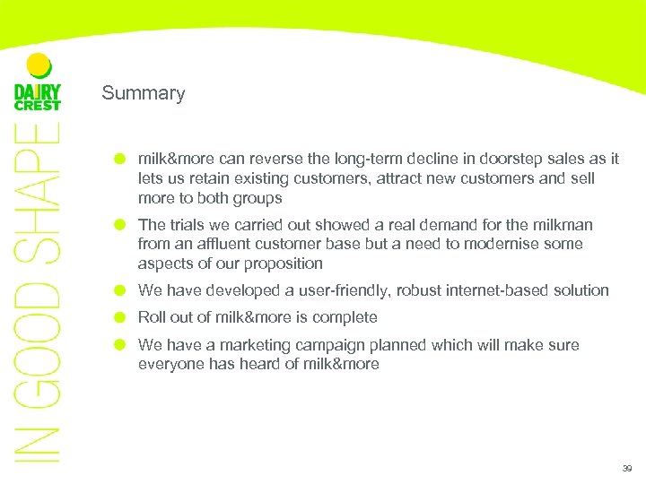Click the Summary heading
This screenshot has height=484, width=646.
coord(144,93)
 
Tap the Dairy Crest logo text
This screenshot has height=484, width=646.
coord(38,96)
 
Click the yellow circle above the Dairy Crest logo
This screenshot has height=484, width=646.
coord(39,65)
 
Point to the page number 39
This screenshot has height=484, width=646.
coord(625,469)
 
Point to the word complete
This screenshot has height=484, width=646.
coord(345,317)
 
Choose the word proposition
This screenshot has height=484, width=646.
coord(280,264)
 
